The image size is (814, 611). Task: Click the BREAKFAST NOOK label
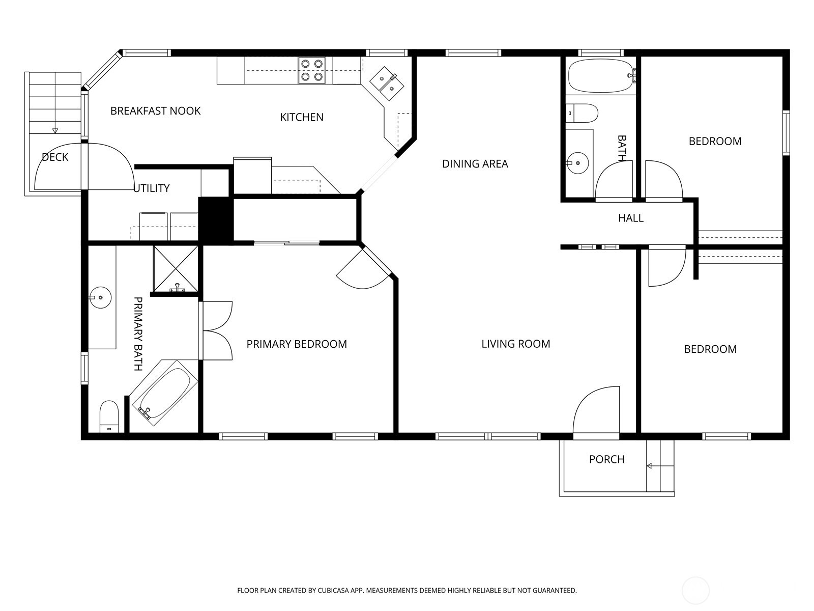[x=155, y=111]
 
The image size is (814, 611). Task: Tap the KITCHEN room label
[x=302, y=117]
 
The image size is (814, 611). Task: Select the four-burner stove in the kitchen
[x=312, y=70]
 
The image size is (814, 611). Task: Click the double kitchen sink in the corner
[x=387, y=83]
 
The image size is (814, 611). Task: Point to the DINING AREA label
[x=475, y=163]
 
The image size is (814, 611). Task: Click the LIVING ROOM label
[x=515, y=344]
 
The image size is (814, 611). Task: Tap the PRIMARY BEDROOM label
[x=297, y=344]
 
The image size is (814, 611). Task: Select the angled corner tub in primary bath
[x=163, y=393]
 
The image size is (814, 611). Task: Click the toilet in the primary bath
[x=109, y=416]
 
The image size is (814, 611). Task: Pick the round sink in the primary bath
[x=100, y=297]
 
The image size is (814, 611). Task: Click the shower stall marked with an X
[x=176, y=269]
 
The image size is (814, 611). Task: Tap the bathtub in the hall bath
[x=601, y=76]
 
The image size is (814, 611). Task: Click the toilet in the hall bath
[x=582, y=113]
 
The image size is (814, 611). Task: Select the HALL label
[x=631, y=218]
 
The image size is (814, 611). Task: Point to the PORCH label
[x=607, y=459]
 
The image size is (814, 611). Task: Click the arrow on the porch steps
[x=660, y=466]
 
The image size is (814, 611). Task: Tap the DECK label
[x=55, y=157]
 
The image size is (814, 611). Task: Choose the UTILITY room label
[x=151, y=188]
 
